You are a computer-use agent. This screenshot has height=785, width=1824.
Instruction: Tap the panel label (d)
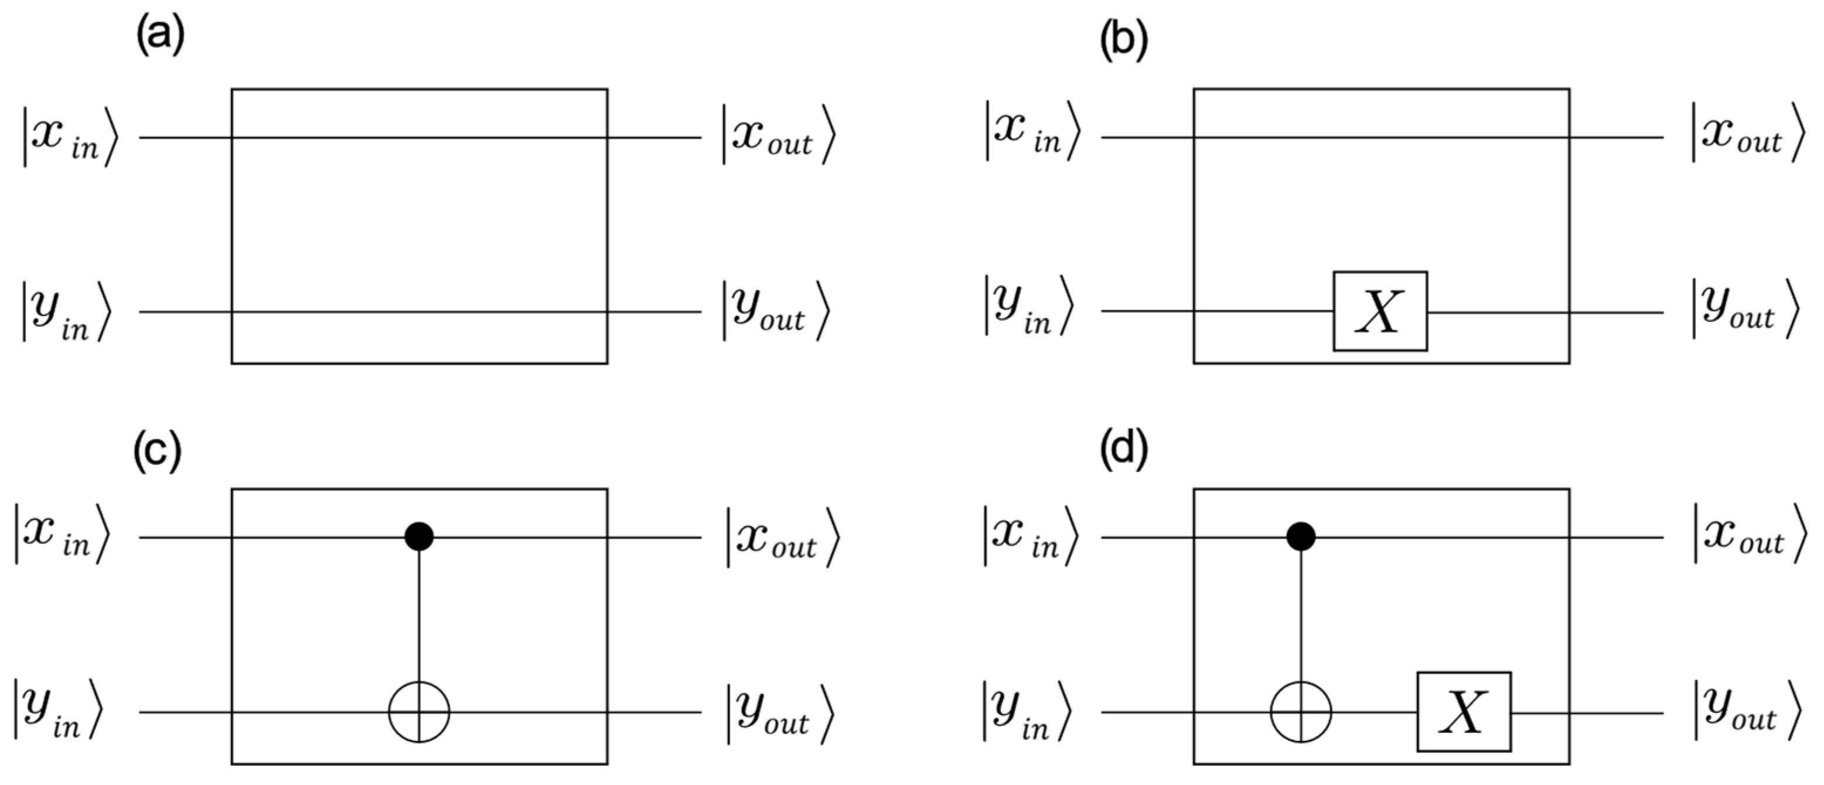1123,451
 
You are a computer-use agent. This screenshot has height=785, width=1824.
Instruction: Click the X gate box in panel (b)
1380,311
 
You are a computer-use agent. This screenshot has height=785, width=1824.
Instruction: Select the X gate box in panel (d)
1464,711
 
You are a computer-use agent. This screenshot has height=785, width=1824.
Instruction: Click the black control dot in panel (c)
419,537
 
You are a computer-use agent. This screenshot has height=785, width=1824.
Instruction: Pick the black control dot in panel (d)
1301,537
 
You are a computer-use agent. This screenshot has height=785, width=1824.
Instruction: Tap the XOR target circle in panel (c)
419,711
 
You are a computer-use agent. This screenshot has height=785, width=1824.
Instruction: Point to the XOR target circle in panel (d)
1301,711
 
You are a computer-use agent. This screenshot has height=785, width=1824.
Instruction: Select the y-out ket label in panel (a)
775,312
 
